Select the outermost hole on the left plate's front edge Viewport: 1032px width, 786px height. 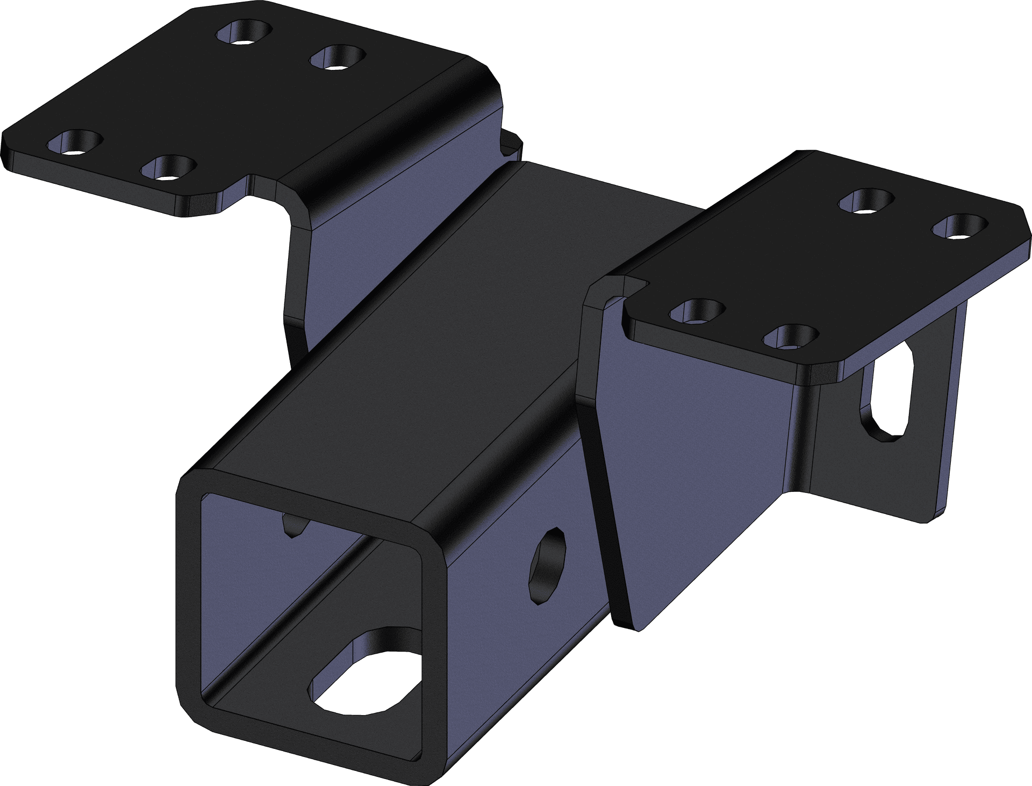click(75, 142)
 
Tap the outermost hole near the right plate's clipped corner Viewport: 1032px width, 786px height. click(959, 226)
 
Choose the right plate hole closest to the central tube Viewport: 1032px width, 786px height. click(698, 311)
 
